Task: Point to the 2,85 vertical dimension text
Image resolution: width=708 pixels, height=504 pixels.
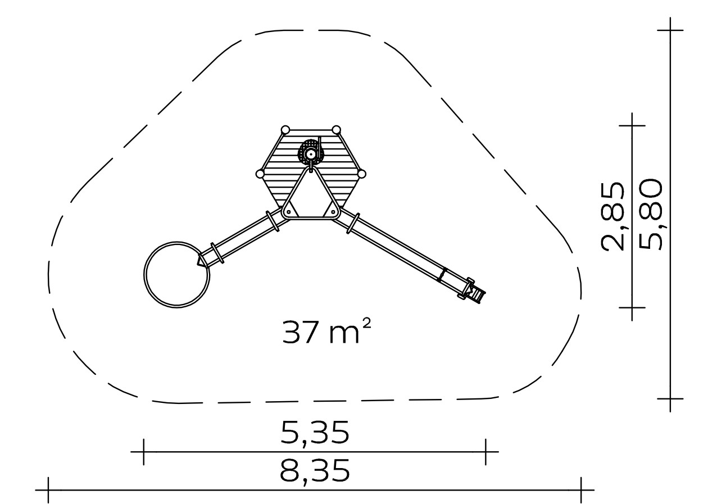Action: tap(612, 216)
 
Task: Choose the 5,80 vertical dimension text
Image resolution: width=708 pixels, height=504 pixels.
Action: tap(650, 214)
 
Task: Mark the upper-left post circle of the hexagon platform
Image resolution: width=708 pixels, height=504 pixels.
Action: tap(285, 130)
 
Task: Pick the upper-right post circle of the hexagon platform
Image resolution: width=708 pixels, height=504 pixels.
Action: tap(336, 130)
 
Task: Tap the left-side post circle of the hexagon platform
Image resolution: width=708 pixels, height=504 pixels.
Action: tap(260, 174)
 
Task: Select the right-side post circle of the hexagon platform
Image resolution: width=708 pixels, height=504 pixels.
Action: tap(362, 174)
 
